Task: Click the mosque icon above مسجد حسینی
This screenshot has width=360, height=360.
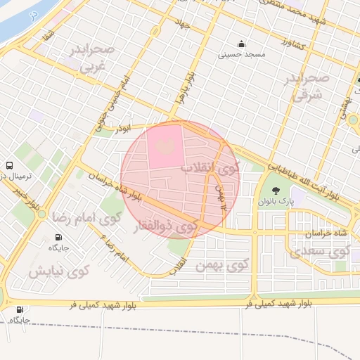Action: (242, 43)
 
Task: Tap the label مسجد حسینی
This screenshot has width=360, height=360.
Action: (242, 53)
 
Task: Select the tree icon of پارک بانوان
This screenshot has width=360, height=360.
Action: (275, 190)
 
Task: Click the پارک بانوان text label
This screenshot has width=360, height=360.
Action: (275, 201)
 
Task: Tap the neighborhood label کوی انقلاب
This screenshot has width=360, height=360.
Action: (210, 168)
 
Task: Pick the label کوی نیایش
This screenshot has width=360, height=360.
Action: (59, 271)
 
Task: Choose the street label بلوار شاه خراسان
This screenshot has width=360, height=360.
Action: (115, 188)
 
